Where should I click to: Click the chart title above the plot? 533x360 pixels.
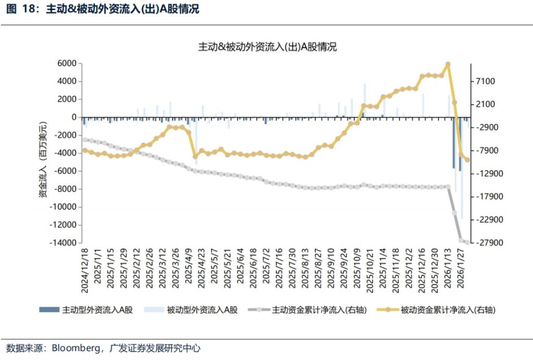pos(268,47)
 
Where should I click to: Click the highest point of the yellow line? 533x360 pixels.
pos(448,65)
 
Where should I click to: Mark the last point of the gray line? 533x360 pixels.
pos(467,242)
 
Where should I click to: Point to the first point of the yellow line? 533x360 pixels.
pos(85,150)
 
